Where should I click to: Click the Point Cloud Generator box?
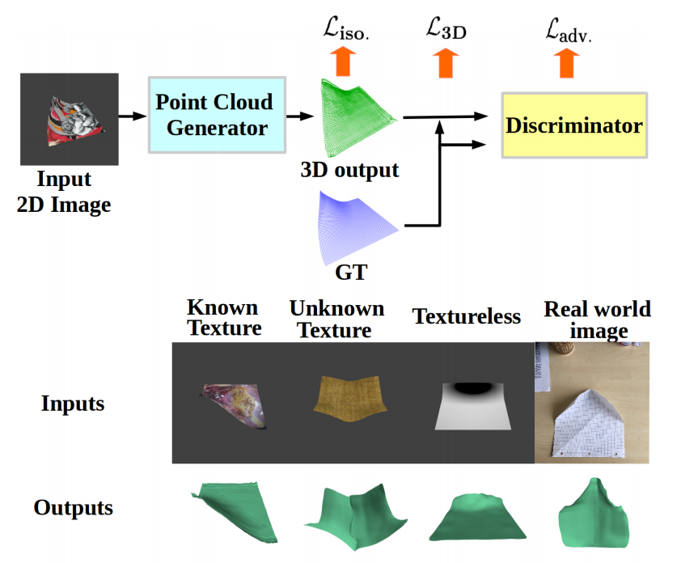click(216, 115)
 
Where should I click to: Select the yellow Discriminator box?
click(573, 125)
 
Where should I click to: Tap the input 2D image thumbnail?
click(70, 121)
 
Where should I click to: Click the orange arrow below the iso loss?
click(343, 61)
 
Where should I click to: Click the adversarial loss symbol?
click(568, 32)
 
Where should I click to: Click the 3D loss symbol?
click(446, 30)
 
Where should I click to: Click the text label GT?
click(350, 273)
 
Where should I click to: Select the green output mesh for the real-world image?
click(595, 514)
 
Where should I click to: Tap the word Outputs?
click(73, 508)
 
